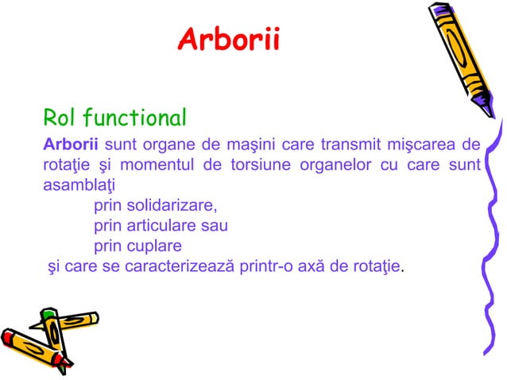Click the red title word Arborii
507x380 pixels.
pos(228,39)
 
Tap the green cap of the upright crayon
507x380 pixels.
pos(49,316)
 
